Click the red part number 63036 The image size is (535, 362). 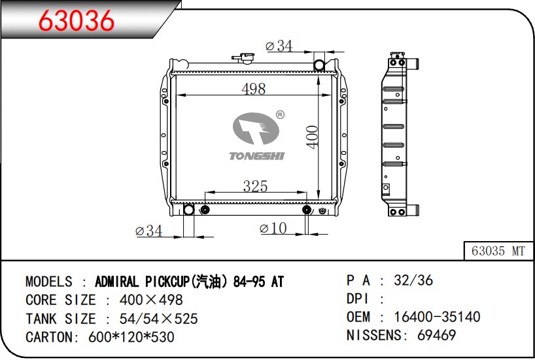(x=76, y=20)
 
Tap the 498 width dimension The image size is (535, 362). (x=253, y=89)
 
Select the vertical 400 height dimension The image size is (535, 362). (x=312, y=137)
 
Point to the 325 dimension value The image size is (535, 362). (x=255, y=186)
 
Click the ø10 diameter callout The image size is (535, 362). (x=273, y=228)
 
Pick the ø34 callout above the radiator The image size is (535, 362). (x=279, y=46)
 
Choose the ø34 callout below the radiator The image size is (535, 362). (x=148, y=231)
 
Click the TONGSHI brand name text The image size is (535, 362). (x=256, y=156)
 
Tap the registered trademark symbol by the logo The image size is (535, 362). (x=280, y=115)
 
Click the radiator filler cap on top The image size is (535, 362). (x=243, y=58)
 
